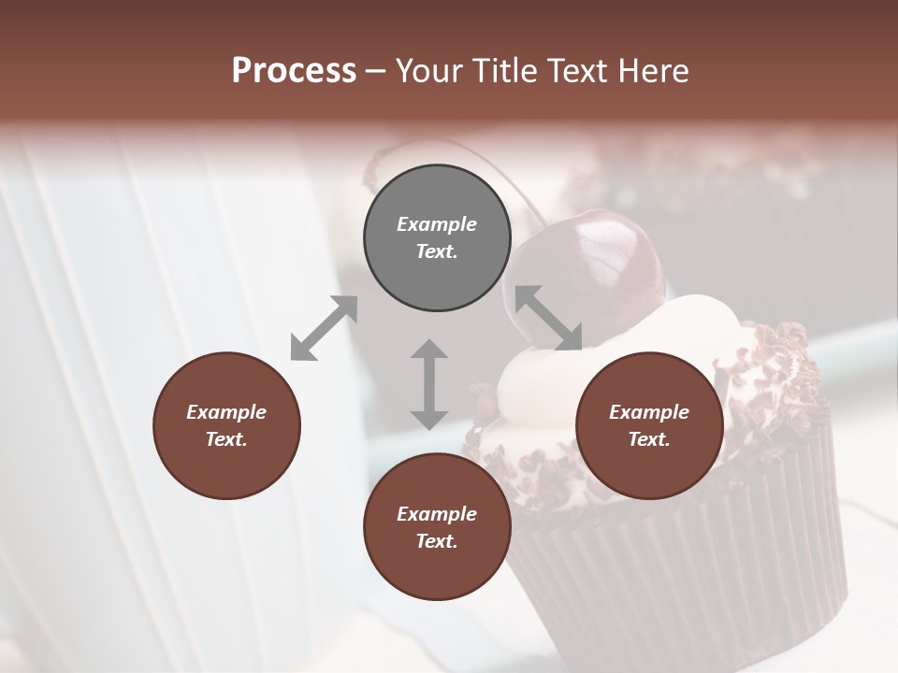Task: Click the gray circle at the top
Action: click(x=437, y=238)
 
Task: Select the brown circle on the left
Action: click(x=226, y=425)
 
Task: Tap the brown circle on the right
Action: click(x=649, y=425)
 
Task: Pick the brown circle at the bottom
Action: click(x=437, y=527)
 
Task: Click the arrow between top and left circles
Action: click(x=324, y=328)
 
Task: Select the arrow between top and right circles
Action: click(x=548, y=318)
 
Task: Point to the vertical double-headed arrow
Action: click(x=429, y=384)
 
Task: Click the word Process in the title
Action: click(x=294, y=71)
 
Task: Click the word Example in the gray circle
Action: click(x=437, y=224)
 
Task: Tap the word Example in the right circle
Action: click(x=649, y=412)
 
